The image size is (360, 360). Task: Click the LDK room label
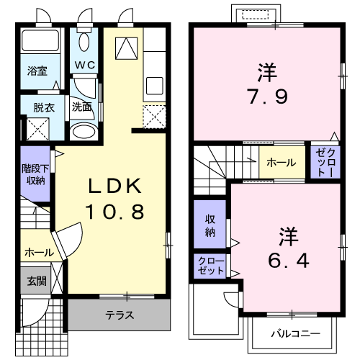115,186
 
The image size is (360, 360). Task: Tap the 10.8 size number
115,212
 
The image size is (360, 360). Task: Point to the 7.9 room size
268,96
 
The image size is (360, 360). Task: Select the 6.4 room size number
288,261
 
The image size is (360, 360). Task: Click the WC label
84,65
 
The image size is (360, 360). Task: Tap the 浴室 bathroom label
37,71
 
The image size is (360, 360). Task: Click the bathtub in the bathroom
40,40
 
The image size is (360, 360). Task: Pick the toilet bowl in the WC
84,42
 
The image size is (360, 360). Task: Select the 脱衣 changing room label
44,107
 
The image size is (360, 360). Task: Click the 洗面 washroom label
82,107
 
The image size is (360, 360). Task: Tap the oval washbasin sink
84,131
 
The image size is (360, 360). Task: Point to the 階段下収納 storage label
35,174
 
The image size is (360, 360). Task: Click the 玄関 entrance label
36,281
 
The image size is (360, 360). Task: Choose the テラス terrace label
120,315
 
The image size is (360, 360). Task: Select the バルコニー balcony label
296,333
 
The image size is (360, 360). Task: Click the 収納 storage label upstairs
210,226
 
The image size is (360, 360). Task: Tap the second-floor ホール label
282,163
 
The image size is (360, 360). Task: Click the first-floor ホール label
40,253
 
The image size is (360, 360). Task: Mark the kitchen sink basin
155,86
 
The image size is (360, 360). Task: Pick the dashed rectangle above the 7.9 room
255,14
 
